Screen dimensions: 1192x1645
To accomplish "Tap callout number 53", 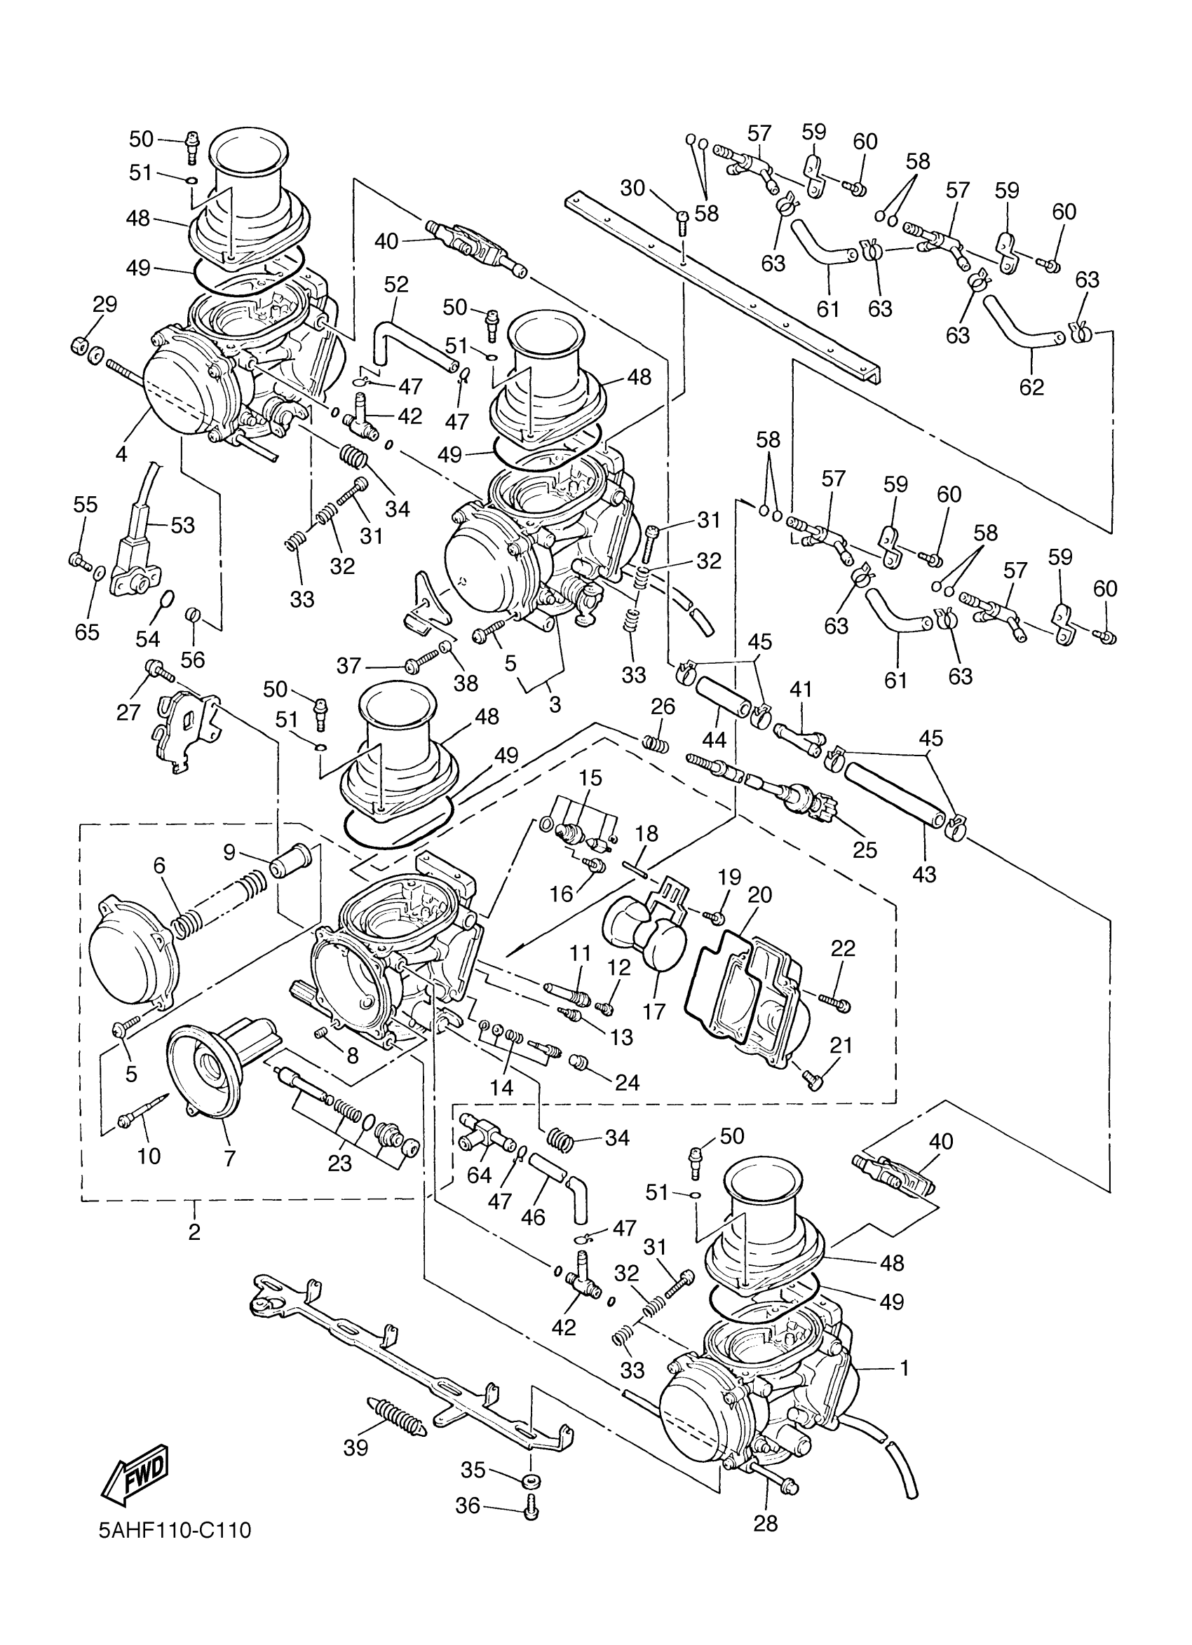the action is click(x=183, y=524).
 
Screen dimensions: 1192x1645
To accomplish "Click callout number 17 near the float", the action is click(x=654, y=1011).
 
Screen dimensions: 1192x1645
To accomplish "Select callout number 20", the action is click(x=759, y=894).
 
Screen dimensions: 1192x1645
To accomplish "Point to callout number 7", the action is click(x=230, y=1159).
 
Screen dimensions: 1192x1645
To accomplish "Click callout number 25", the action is click(x=865, y=849).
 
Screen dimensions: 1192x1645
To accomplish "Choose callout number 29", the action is click(x=104, y=304).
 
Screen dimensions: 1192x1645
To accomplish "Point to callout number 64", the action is click(x=480, y=1175).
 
